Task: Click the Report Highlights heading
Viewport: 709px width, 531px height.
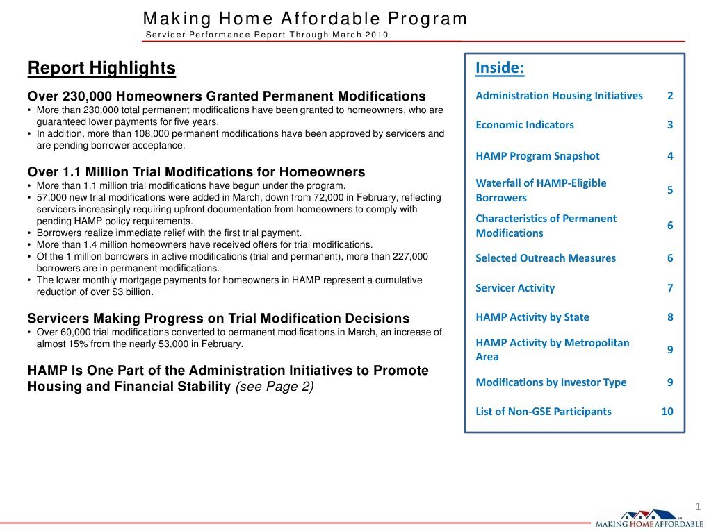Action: coord(101,68)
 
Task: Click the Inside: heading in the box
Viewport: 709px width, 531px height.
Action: coord(499,68)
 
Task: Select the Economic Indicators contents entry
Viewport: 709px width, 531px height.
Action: coord(525,125)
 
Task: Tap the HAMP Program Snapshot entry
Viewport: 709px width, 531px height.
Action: coord(537,156)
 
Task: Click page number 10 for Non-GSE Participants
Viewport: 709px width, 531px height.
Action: coord(667,412)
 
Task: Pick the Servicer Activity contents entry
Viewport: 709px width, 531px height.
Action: coord(515,288)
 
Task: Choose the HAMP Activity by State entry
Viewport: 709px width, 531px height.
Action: coord(532,317)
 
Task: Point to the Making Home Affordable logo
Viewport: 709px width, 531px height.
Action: coord(649,519)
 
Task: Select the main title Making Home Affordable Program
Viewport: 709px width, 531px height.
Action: coord(305,19)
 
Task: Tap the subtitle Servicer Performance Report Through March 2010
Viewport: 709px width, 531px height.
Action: coord(267,35)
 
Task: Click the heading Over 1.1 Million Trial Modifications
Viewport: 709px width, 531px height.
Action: coord(196,171)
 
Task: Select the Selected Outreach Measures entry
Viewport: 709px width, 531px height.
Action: coord(546,258)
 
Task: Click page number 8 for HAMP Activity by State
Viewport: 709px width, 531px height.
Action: coord(670,317)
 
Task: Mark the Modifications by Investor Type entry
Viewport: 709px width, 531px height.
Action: coord(551,382)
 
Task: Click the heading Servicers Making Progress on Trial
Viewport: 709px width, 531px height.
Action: coord(218,319)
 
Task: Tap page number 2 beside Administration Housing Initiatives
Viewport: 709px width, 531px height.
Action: coord(670,96)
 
